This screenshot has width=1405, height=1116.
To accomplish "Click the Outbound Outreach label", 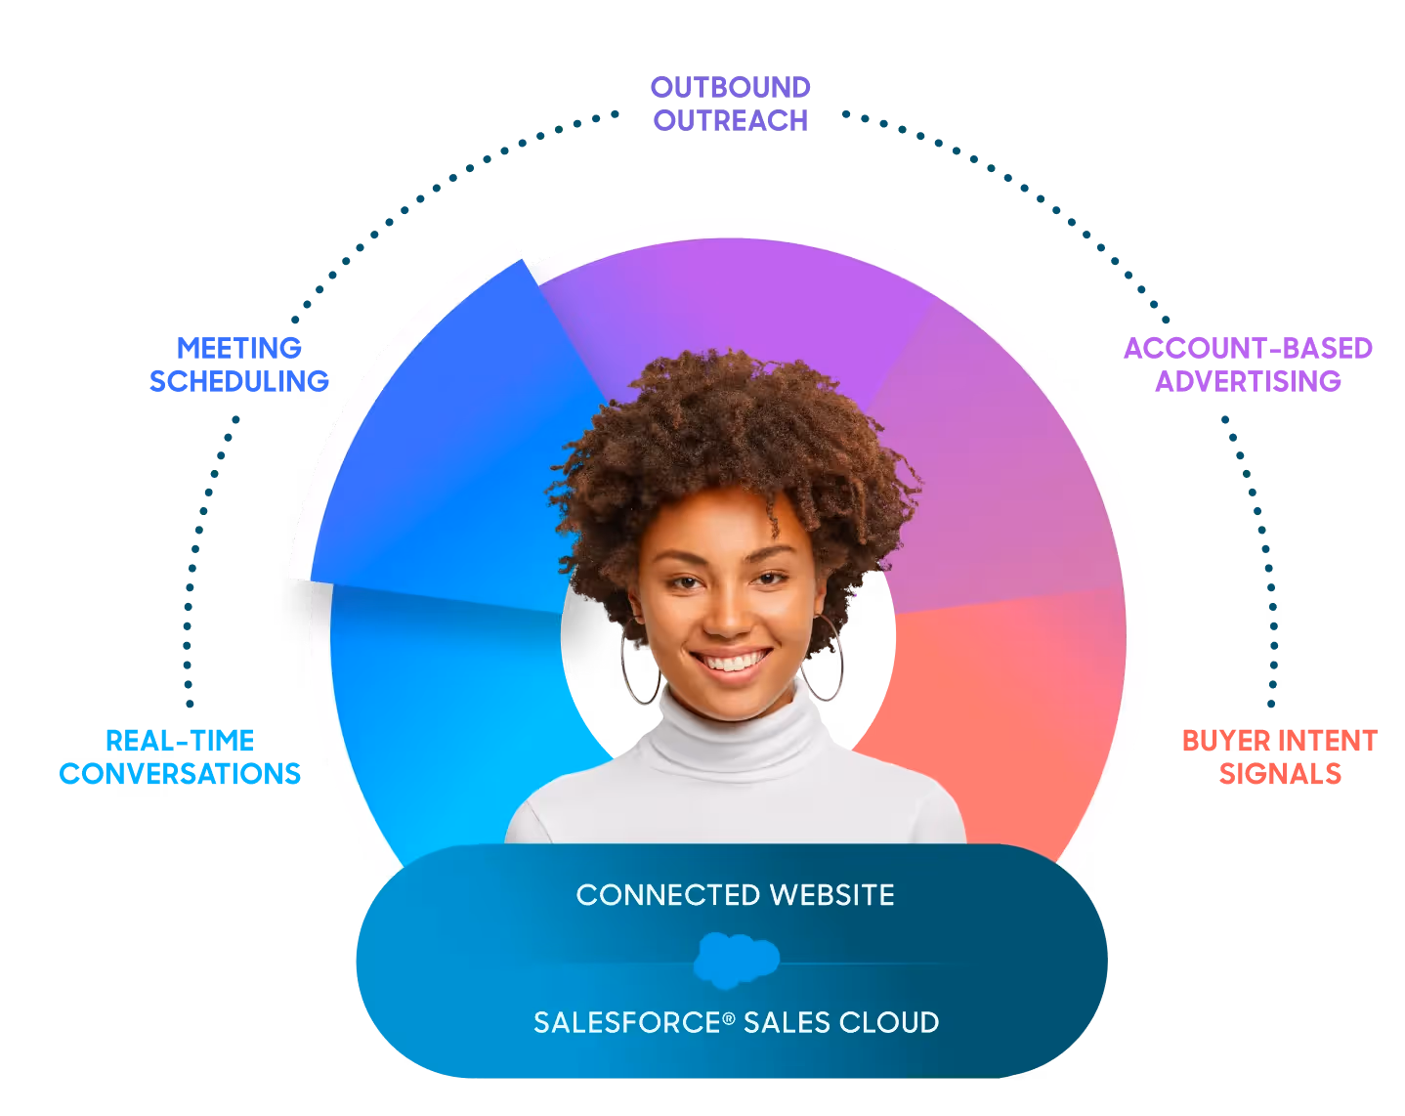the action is pos(731,103).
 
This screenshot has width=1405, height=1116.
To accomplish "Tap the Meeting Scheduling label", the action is pos(238,364).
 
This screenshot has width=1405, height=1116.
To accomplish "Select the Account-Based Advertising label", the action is pos(1248,364).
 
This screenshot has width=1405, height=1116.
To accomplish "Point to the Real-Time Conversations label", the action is pos(180,757).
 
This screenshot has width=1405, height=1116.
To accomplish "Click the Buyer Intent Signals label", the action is pos(1280,757).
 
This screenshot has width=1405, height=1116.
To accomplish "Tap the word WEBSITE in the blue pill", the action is pos(831,895).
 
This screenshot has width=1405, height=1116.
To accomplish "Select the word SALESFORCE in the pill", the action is pos(627,1023).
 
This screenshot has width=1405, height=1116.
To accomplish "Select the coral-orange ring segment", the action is pos(1006,704).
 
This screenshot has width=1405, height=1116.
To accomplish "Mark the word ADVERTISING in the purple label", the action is pos(1248,380).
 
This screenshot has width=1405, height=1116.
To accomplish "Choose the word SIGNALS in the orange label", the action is pos(1280,774).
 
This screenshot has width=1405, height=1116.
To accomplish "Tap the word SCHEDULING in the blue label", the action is pos(238,380).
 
